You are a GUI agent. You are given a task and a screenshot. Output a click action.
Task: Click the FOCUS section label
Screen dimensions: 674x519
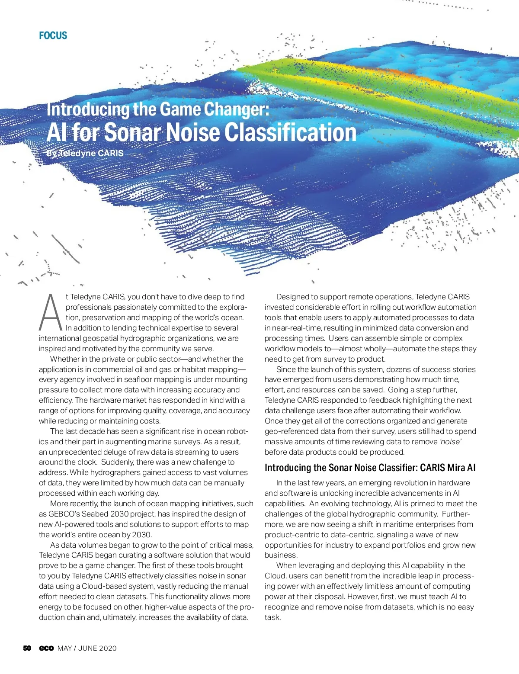click(53, 35)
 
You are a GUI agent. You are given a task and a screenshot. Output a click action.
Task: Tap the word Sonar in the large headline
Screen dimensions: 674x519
click(132, 132)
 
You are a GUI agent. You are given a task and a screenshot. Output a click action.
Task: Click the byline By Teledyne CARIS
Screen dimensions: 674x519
click(85, 153)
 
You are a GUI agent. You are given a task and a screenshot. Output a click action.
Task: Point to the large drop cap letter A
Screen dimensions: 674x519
click(51, 312)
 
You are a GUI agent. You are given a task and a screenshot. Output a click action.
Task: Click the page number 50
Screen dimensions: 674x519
click(27, 648)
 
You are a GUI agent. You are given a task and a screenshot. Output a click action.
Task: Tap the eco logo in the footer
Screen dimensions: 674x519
click(46, 648)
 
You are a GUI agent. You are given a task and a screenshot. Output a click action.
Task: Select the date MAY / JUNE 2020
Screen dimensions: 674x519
click(87, 648)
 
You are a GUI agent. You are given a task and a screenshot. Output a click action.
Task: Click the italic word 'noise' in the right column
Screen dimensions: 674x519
click(450, 442)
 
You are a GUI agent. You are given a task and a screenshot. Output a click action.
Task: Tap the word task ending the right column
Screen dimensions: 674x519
click(272, 617)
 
